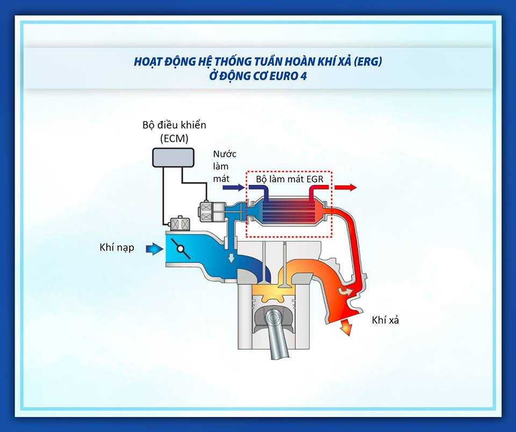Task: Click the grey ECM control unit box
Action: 173,157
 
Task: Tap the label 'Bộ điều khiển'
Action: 174,125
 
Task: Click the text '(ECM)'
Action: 174,138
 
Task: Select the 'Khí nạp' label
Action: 117,247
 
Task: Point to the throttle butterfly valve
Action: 181,249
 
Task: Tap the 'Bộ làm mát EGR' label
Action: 290,179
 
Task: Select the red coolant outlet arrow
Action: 346,188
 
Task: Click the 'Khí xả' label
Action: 385,320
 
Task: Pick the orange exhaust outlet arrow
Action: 346,327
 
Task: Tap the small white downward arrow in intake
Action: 231,257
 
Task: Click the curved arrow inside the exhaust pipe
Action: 346,291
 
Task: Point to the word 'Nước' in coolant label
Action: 225,154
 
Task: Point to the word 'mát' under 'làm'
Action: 221,178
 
